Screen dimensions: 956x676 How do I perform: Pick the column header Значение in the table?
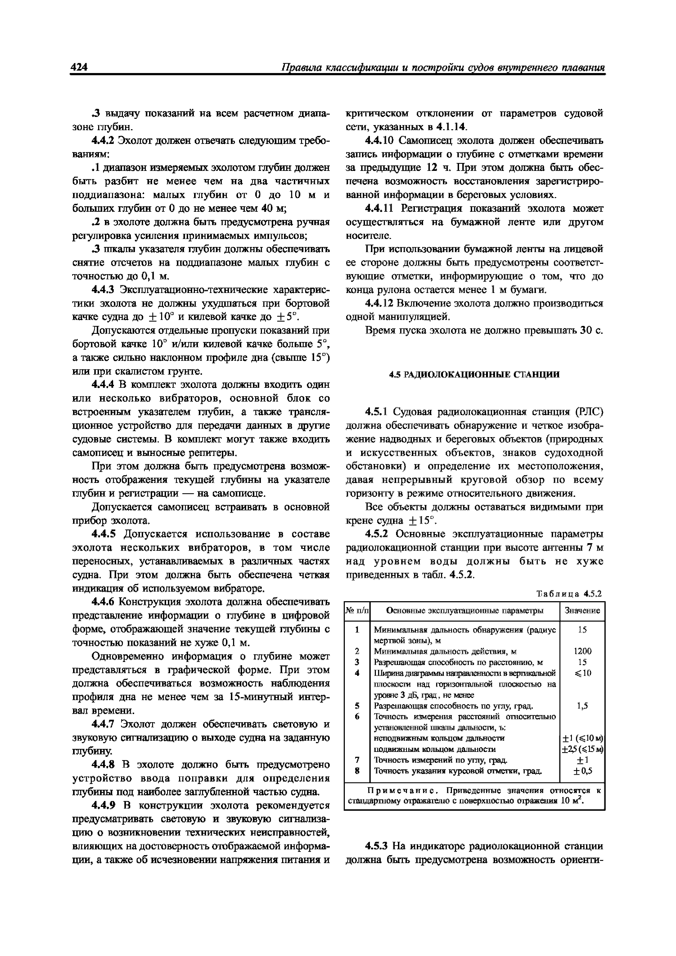[x=582, y=610]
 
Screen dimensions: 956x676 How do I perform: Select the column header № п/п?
[x=357, y=610]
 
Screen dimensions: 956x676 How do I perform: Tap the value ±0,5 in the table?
[x=582, y=771]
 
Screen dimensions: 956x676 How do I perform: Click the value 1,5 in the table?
[x=582, y=706]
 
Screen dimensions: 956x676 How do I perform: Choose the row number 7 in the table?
[x=357, y=760]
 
